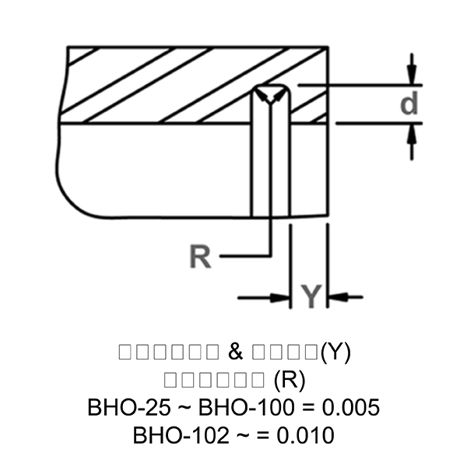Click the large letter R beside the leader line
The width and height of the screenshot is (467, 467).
point(201,257)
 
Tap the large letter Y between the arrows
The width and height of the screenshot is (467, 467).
point(310,296)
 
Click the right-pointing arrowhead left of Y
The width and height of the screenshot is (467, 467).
point(280,296)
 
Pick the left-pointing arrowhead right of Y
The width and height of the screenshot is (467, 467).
point(337,296)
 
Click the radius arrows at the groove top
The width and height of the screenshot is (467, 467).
point(270,95)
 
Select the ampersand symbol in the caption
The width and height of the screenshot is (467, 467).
point(237,352)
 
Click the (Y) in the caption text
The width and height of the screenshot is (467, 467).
point(335,352)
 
